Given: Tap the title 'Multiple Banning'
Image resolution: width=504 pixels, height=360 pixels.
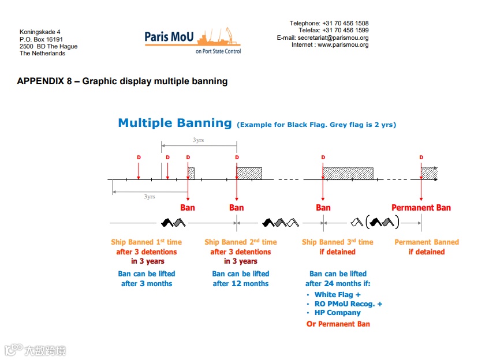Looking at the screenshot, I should tap(175, 123).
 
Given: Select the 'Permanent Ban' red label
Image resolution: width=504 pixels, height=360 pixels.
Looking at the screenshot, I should tap(421, 208).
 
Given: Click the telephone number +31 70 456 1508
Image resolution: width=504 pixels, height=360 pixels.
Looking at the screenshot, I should tap(345, 24).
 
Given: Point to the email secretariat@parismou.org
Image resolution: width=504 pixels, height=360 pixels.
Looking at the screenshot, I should tap(333, 38).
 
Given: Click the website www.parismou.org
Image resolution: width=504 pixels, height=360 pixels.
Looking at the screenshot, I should tap(343, 45).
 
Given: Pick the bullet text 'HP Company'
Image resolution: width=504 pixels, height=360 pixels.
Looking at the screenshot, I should tap(338, 313).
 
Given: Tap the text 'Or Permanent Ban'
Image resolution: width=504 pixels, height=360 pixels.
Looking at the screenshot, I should tap(338, 324).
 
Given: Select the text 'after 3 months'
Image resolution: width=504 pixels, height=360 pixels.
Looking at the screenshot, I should tap(147, 284).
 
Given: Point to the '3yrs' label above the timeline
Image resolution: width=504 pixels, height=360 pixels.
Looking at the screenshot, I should tap(198, 140).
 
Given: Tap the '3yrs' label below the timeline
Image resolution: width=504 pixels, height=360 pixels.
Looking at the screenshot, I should tap(149, 197).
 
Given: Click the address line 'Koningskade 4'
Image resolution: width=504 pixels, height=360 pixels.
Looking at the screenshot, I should tap(40, 32).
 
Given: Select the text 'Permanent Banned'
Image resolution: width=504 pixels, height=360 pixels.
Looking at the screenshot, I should tap(427, 242).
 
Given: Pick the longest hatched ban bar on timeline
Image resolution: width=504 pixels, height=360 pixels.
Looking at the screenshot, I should tap(348, 172).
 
